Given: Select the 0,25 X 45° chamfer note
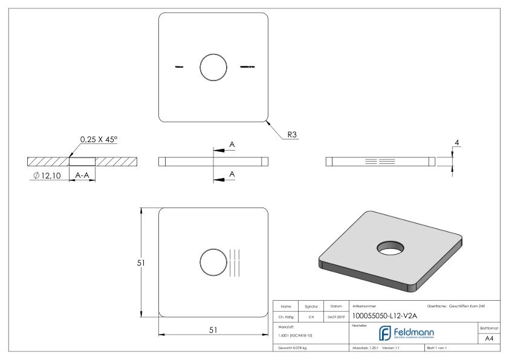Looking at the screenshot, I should click(x=99, y=140).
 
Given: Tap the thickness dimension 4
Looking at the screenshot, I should click(x=457, y=142).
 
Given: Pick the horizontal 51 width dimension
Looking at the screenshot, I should click(x=213, y=330).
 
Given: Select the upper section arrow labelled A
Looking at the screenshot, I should click(x=232, y=145).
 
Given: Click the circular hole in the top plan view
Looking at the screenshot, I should click(x=213, y=67).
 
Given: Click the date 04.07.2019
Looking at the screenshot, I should click(x=335, y=315).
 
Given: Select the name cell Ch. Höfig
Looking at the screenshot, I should click(x=286, y=315).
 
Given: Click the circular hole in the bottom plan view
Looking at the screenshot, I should click(x=213, y=263).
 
